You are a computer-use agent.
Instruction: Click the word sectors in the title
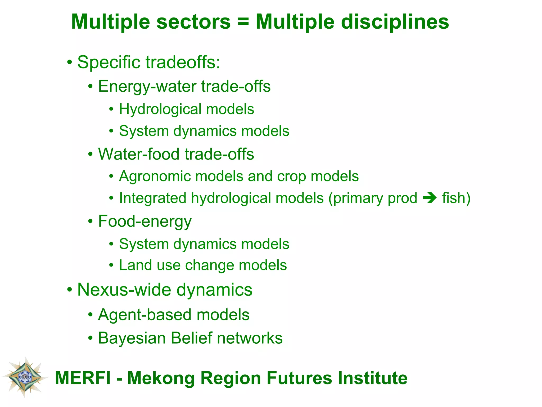pos(193,22)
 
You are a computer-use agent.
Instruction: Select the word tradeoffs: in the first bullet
pos(183,63)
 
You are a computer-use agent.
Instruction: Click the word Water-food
pos(139,154)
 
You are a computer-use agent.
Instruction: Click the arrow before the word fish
pos(430,198)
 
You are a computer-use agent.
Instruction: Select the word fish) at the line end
pos(456,198)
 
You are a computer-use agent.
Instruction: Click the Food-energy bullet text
pos(145,222)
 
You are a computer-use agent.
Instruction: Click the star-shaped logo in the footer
pos(25,377)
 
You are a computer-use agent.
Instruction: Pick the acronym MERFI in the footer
pos(83,378)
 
